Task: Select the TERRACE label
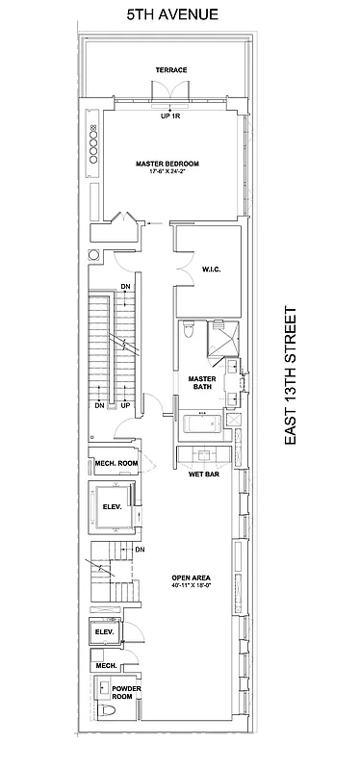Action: pyautogui.click(x=171, y=70)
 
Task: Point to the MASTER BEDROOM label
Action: pyautogui.click(x=167, y=164)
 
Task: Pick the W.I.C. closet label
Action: pyautogui.click(x=212, y=269)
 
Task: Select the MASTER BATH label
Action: pyautogui.click(x=200, y=382)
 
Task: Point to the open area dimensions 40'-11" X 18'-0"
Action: pyautogui.click(x=191, y=585)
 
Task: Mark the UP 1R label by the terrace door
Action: pyautogui.click(x=171, y=117)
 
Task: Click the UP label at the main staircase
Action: pyautogui.click(x=125, y=405)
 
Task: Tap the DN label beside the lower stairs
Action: pyautogui.click(x=140, y=550)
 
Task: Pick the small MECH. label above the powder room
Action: pyautogui.click(x=105, y=665)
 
